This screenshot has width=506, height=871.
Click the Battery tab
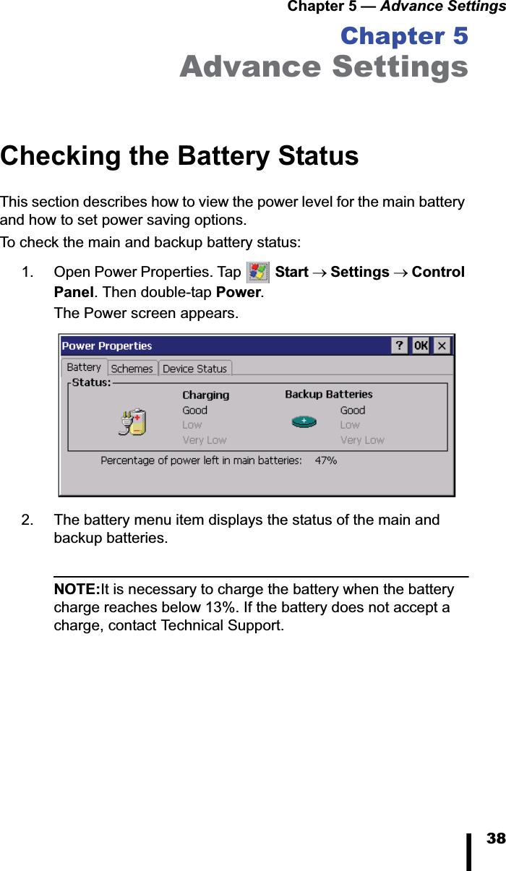pos(84,367)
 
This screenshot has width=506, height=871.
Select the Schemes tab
pos(132,369)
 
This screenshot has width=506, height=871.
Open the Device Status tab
pos(194,369)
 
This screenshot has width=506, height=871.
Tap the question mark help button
pos(400,346)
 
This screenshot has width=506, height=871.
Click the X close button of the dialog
pos(442,346)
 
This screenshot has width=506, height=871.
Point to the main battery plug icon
pos(132,422)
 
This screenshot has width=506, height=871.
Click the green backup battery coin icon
pos(304,421)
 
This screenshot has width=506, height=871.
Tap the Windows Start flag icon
pos(257,273)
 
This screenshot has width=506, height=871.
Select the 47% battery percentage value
pos(326,460)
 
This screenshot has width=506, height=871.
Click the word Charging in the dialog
pos(205,395)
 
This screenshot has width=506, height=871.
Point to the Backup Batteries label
pos(328,395)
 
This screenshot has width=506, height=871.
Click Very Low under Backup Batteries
pos(362,440)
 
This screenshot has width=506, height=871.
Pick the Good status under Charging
pos(194,411)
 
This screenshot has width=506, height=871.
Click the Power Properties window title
pos(107,346)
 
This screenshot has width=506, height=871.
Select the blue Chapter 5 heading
pos(403,36)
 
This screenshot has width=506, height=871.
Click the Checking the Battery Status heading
pos(179,156)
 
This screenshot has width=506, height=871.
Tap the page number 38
pos(495,838)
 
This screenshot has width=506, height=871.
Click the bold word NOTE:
pos(77,590)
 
